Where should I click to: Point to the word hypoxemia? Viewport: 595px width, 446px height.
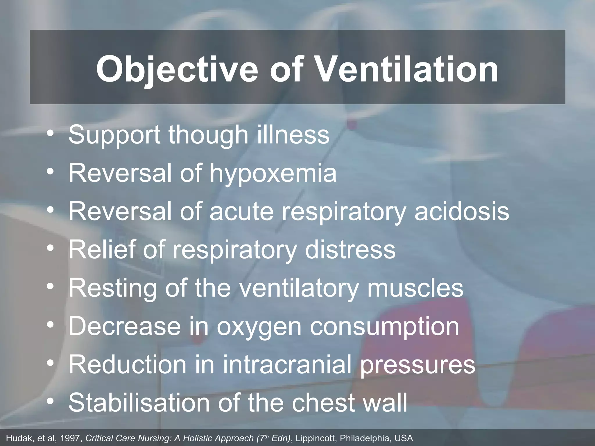click(x=273, y=173)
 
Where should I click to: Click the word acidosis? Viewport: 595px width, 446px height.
click(x=462, y=211)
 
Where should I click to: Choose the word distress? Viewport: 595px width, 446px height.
click(x=350, y=250)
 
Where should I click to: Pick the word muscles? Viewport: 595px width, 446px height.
click(x=415, y=288)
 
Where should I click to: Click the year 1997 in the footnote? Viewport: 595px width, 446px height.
click(x=71, y=438)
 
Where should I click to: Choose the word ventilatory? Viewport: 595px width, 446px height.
click(x=299, y=288)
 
